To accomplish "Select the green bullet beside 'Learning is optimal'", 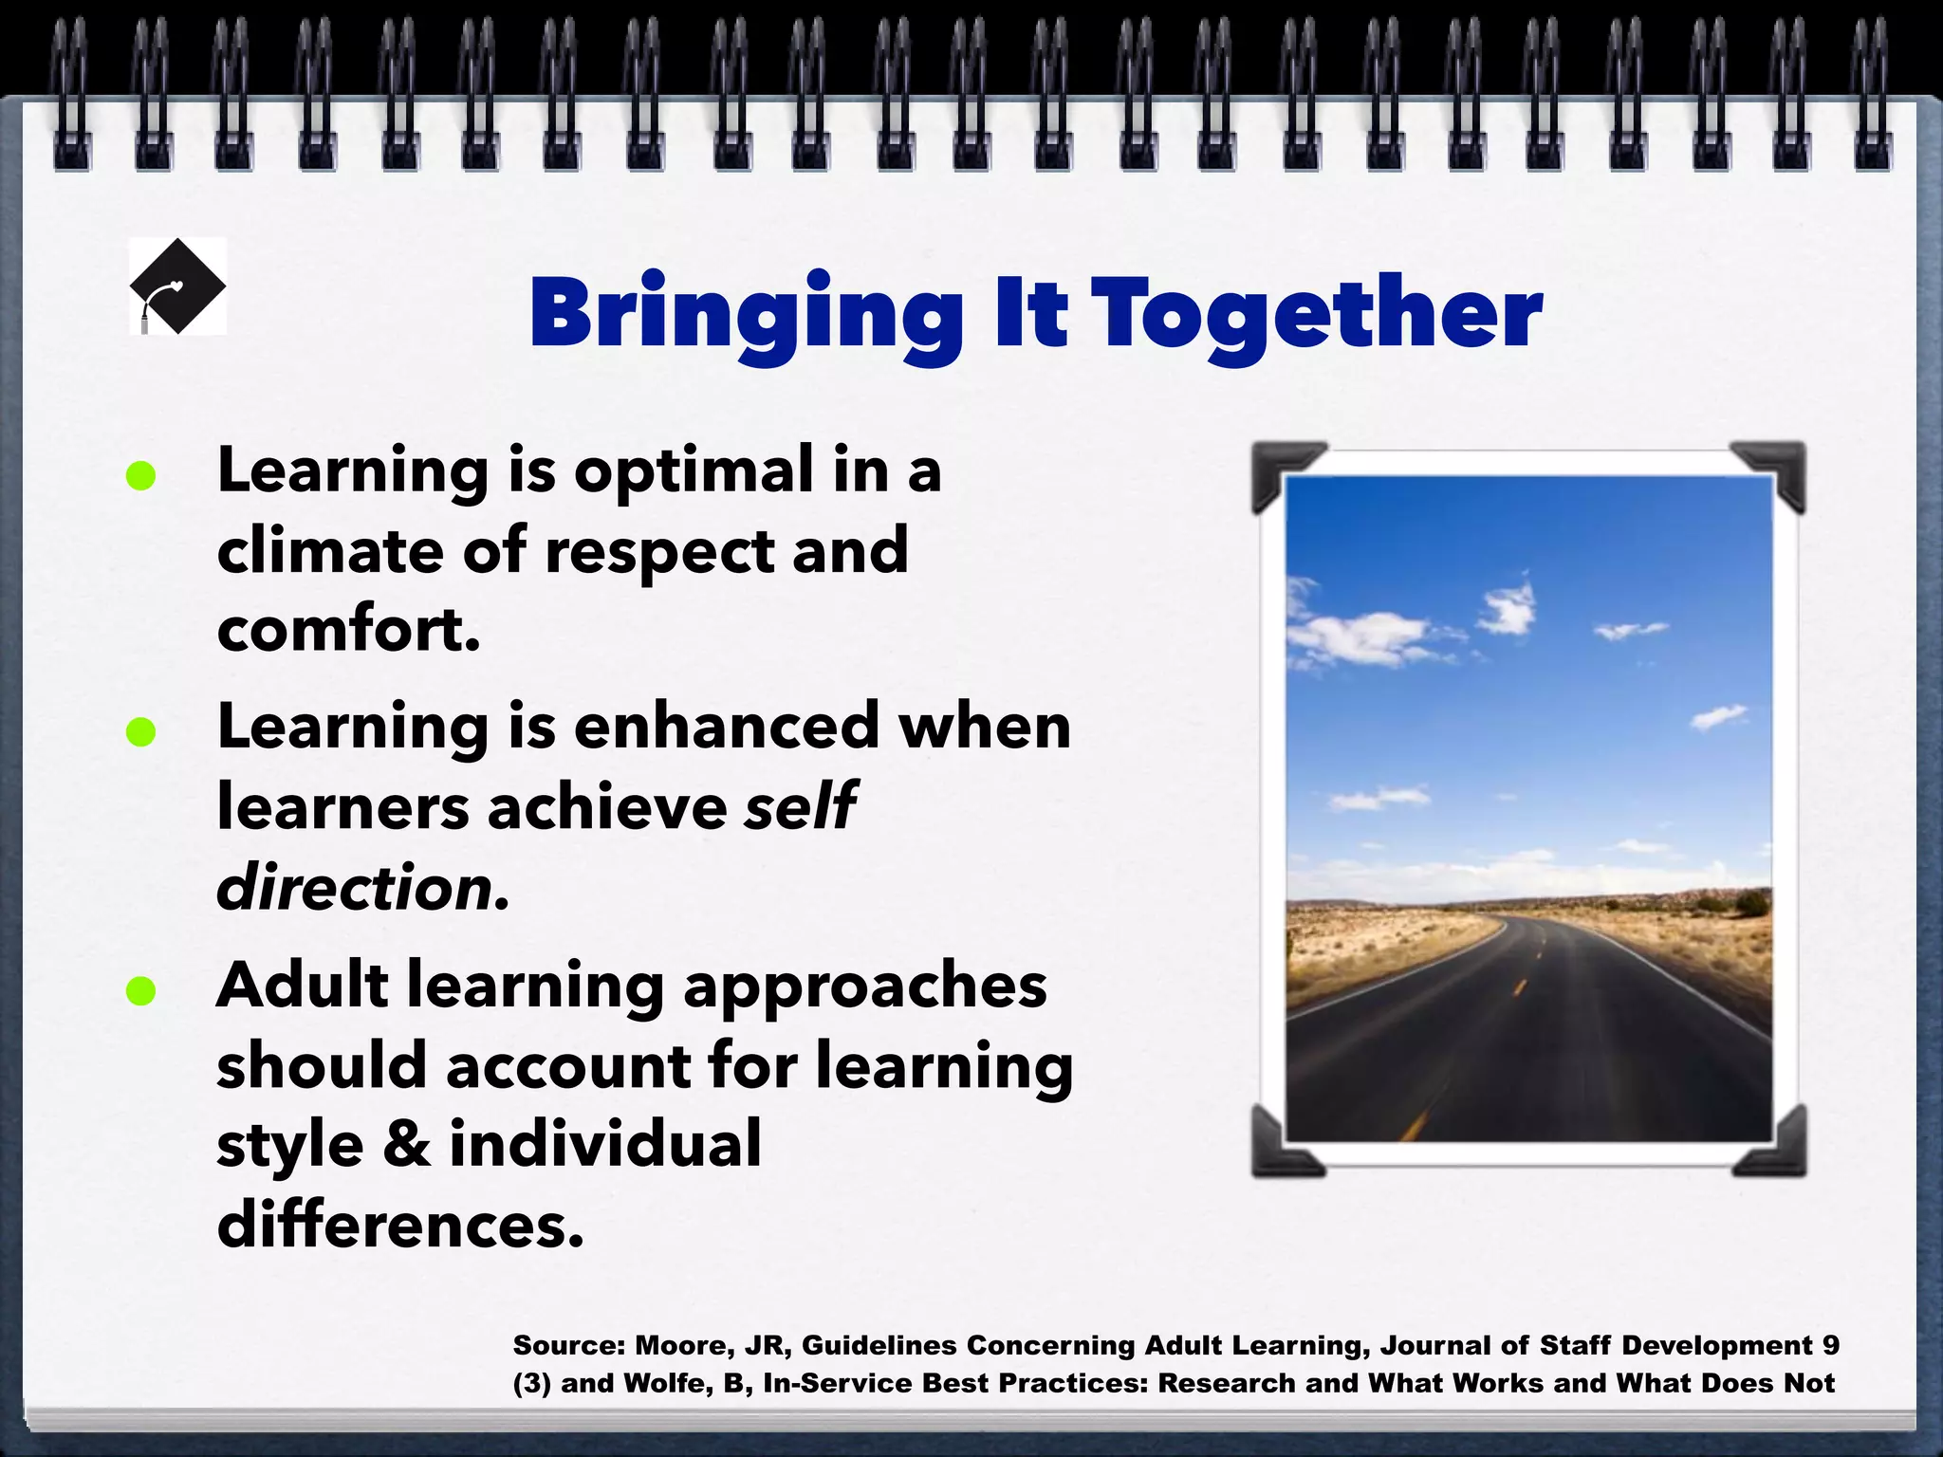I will [x=140, y=475].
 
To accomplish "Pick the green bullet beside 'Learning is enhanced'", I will [x=140, y=731].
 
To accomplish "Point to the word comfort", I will [x=347, y=630].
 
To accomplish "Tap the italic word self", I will [x=800, y=807].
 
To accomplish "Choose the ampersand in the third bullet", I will [x=406, y=1144].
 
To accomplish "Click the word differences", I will [x=399, y=1225].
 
